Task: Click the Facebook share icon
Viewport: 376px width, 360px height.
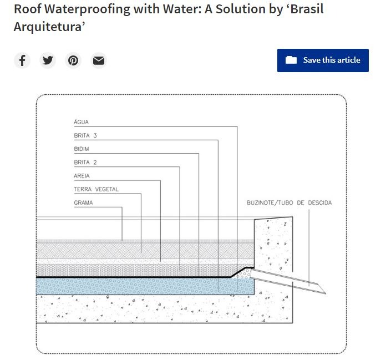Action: pyautogui.click(x=22, y=60)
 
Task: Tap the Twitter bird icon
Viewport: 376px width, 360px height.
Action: pyautogui.click(x=48, y=60)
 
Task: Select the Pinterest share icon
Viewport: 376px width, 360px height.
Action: pyautogui.click(x=73, y=60)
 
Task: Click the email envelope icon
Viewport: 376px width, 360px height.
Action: pyautogui.click(x=99, y=60)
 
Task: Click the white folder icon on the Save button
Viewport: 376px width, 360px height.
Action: pyautogui.click(x=291, y=60)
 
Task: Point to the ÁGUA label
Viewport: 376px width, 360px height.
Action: pyautogui.click(x=82, y=122)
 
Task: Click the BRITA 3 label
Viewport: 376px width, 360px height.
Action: pyautogui.click(x=85, y=135)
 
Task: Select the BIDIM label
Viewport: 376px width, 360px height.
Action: pyautogui.click(x=82, y=149)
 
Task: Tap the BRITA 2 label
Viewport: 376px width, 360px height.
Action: pyautogui.click(x=85, y=163)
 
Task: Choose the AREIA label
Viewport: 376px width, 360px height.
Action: pyautogui.click(x=82, y=176)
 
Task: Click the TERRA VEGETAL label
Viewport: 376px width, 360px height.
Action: pyautogui.click(x=96, y=189)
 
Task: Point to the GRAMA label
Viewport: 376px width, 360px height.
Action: pyautogui.click(x=83, y=202)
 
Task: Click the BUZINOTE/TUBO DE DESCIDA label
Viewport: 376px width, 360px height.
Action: pyautogui.click(x=289, y=202)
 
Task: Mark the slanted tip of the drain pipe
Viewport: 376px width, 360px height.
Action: pyautogui.click(x=325, y=293)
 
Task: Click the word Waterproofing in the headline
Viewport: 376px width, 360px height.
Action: pyautogui.click(x=88, y=9)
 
